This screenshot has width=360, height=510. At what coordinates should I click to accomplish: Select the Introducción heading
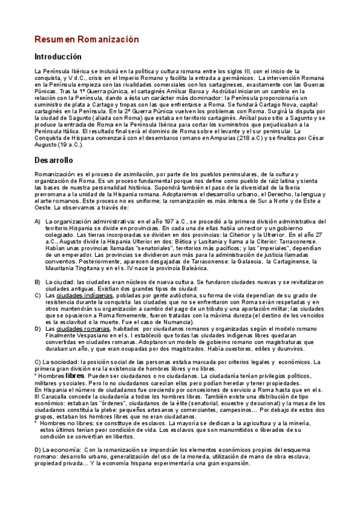click(x=57, y=57)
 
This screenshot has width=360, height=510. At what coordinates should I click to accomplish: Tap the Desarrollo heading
click(x=54, y=161)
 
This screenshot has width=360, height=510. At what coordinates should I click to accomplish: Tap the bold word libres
click(x=75, y=375)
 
